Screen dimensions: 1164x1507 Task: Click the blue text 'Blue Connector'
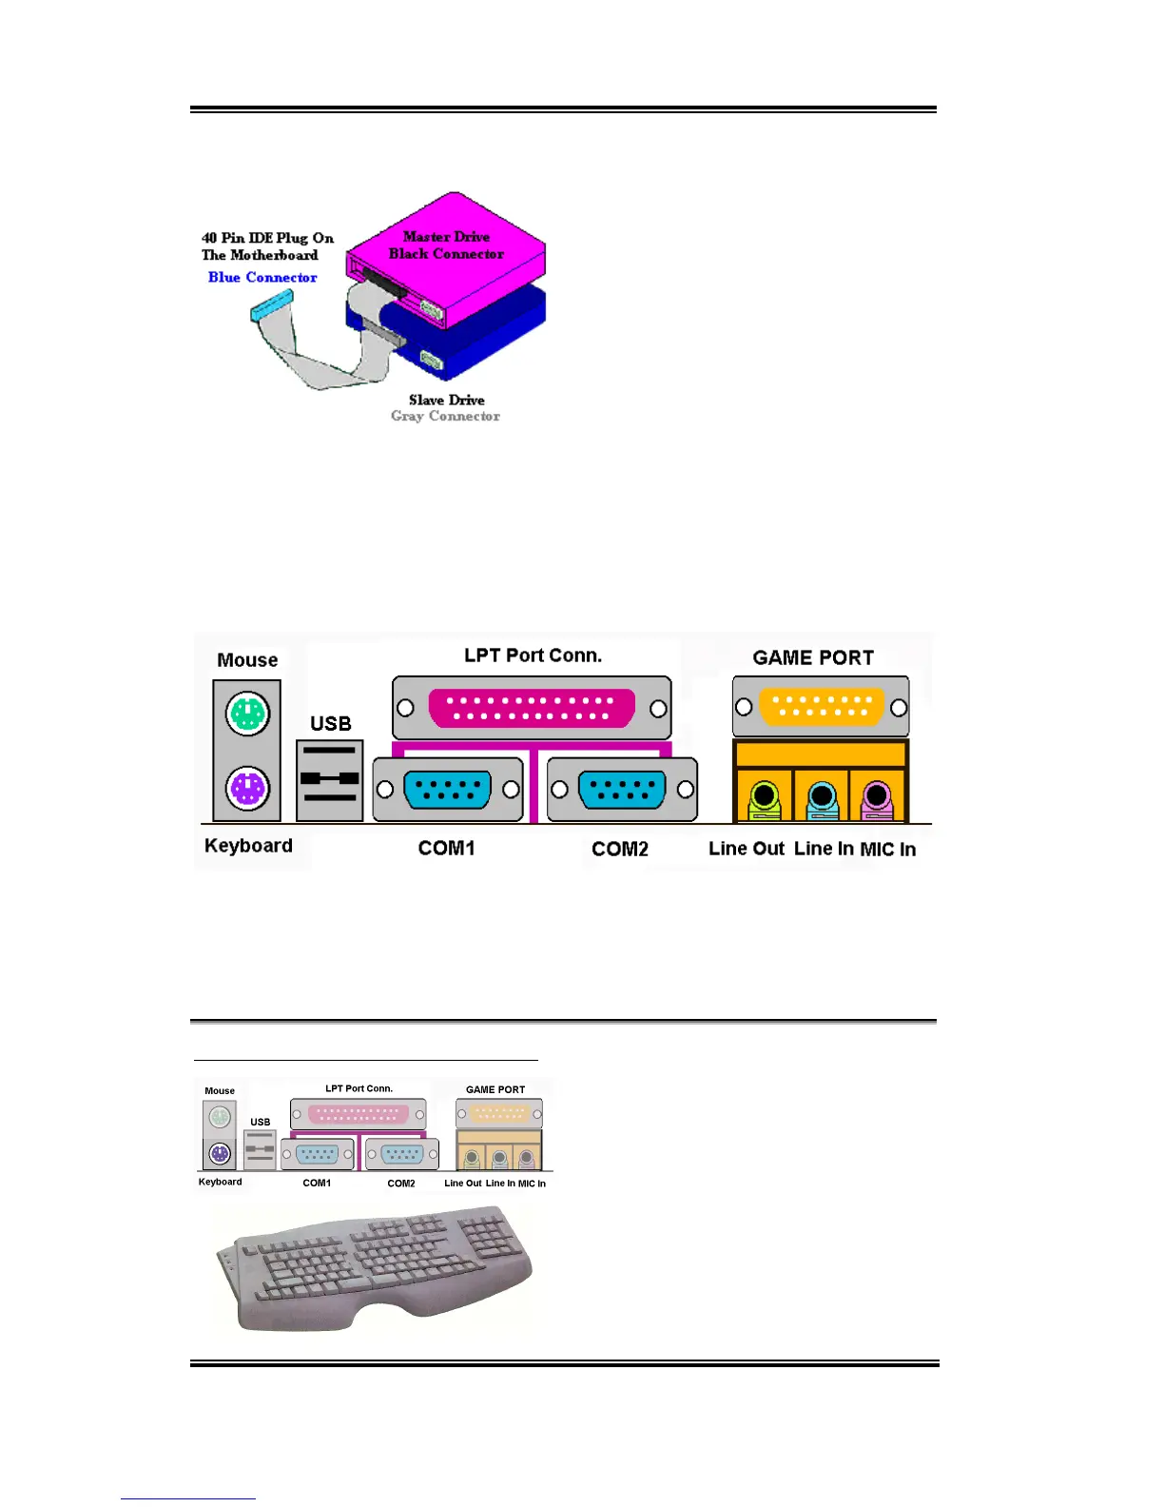(x=262, y=277)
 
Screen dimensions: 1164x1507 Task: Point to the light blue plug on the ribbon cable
(x=272, y=305)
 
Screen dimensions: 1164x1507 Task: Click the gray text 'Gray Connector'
(x=445, y=416)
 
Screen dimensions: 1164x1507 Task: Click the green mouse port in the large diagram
(x=247, y=714)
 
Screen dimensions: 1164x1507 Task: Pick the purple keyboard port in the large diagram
(x=247, y=789)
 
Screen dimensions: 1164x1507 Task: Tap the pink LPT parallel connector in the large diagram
(x=532, y=708)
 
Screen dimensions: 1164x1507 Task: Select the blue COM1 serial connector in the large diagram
(x=448, y=790)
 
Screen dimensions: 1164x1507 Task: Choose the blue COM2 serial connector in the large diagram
(x=622, y=790)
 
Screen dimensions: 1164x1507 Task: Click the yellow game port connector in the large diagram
(x=822, y=706)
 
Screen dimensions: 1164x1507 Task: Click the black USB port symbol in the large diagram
(x=330, y=778)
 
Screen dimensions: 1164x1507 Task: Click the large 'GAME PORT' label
(x=813, y=657)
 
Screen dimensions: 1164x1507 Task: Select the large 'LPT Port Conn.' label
(x=533, y=655)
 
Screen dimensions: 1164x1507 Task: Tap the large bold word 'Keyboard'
(x=248, y=845)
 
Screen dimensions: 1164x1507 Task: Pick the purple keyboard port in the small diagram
(x=220, y=1154)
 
